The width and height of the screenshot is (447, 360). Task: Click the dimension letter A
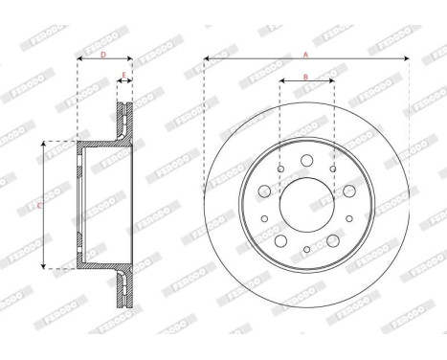(306, 55)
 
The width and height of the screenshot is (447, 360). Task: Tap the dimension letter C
(37, 205)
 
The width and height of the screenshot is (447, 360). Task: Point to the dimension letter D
(103, 55)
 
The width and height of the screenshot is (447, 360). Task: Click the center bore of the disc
(306, 204)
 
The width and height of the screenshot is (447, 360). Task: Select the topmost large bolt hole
(305, 161)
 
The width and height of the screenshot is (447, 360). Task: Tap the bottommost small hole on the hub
(305, 250)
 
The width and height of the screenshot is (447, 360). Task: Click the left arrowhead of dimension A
(208, 62)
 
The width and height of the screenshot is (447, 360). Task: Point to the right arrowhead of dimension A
(406, 62)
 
